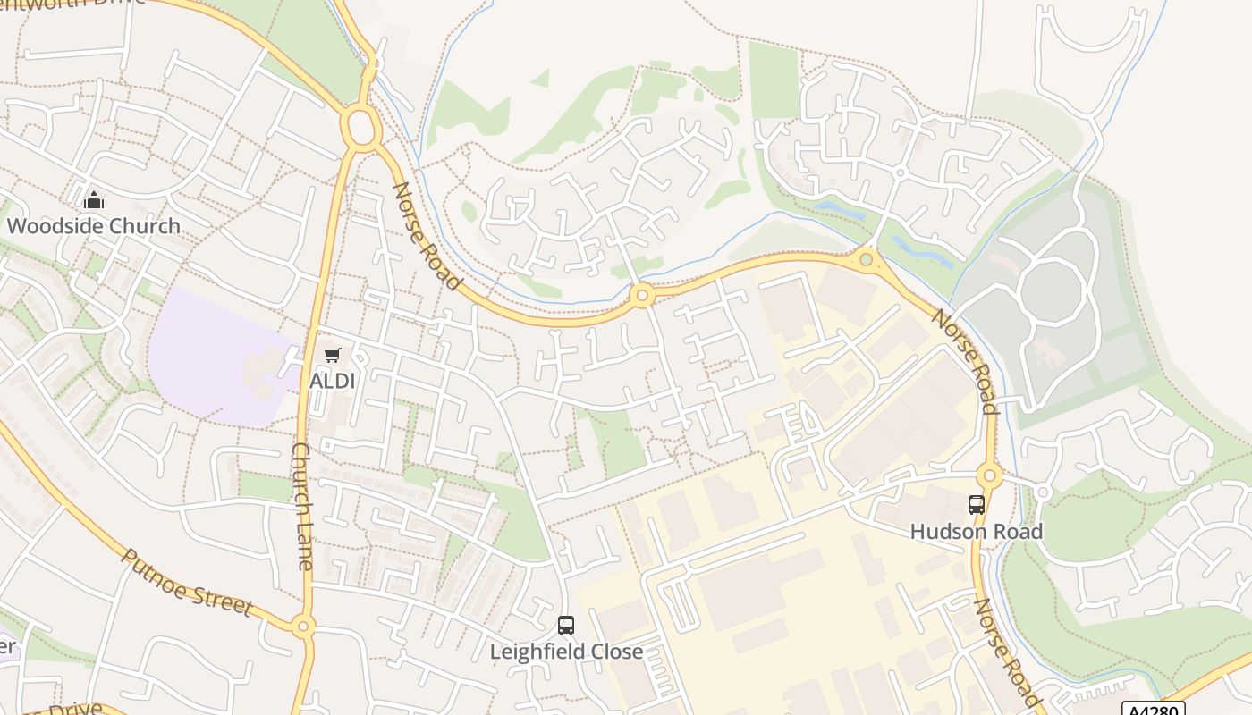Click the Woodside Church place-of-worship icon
click(x=94, y=201)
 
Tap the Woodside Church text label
click(x=94, y=226)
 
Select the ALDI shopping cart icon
click(x=332, y=356)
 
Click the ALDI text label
click(x=332, y=381)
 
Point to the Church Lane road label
click(x=302, y=506)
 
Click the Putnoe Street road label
click(x=186, y=582)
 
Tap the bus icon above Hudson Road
click(x=977, y=505)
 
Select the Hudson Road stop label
click(x=977, y=532)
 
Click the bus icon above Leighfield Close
click(x=566, y=626)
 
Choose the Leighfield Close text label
click(x=566, y=652)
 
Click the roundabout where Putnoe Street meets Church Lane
click(x=303, y=626)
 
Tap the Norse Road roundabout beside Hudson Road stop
click(x=989, y=475)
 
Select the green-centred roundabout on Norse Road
click(x=866, y=260)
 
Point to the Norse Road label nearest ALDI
click(x=427, y=236)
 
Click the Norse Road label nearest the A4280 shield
click(x=1006, y=652)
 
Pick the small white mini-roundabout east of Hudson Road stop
click(x=1043, y=492)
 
